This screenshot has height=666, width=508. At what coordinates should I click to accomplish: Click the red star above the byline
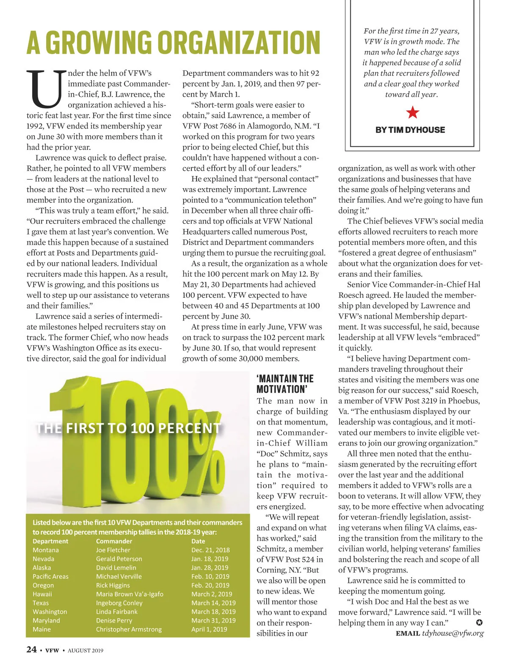pos(412,112)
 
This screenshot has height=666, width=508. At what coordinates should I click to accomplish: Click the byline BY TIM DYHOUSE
pos(410,130)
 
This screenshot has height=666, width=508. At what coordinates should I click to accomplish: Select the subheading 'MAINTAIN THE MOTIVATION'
pos(285,384)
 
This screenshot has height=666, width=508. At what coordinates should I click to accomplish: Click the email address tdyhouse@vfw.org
pos(453,633)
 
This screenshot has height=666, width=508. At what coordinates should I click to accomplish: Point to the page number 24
pos(31,650)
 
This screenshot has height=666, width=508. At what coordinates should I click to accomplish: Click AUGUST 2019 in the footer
pos(86,650)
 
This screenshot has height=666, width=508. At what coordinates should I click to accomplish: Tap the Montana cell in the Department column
pos(46,550)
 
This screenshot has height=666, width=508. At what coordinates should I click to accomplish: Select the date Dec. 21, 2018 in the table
pos(210,550)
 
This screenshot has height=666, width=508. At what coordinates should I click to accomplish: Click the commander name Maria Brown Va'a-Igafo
pos(130,594)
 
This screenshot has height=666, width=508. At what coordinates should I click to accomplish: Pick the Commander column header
pos(114,541)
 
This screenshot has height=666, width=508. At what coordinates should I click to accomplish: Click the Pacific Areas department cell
pos(50,576)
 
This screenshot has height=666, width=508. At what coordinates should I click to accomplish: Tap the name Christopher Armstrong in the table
pos(129,629)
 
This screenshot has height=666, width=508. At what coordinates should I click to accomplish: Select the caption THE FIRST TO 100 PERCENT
pos(129,428)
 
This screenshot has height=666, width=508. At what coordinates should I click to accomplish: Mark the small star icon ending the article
pos(479,622)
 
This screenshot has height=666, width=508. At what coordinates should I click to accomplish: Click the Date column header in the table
pos(198,541)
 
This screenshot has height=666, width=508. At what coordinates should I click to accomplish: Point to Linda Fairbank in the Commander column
pos(116,611)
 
